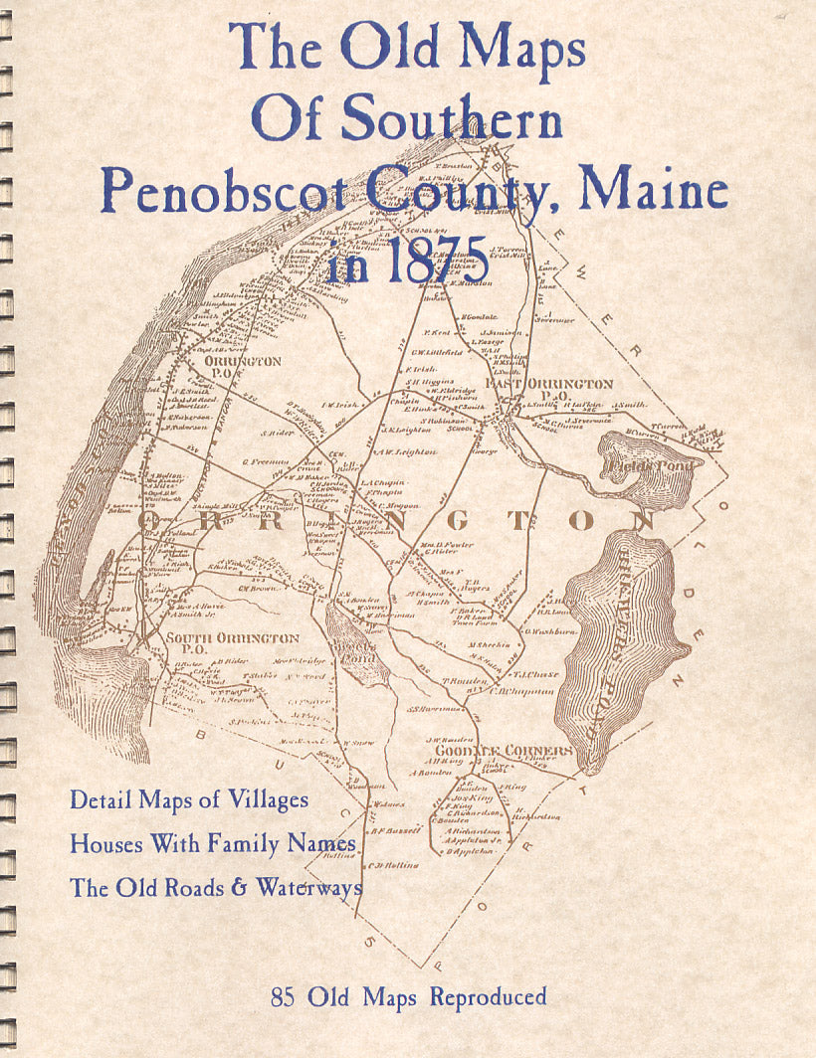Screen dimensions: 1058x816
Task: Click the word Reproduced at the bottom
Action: pos(488,996)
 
